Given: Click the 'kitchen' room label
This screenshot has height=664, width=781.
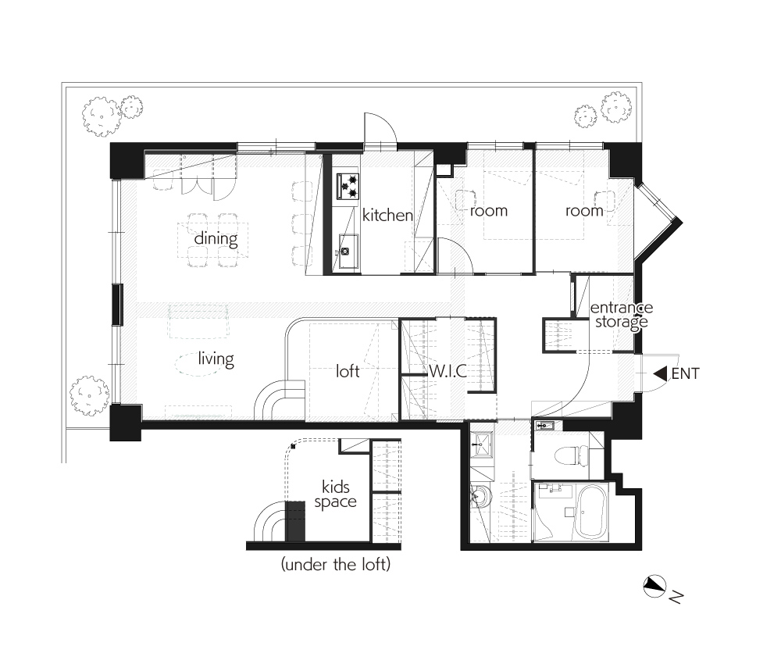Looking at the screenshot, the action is pos(387,215).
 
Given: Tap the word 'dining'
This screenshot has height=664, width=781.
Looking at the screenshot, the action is pos(216,239).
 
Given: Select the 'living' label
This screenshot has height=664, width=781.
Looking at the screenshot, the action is pos(216,359).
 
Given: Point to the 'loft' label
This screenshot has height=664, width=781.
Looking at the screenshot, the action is pos(348,371).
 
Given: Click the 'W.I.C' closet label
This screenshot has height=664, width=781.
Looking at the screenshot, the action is pos(448,371).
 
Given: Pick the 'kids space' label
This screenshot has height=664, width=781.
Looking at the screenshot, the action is pos(335,494).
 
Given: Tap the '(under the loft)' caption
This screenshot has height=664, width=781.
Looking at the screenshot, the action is pos(336,564).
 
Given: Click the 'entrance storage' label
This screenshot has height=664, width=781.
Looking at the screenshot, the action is pos(622,315).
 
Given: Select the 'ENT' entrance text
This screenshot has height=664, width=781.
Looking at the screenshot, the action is pos(686,373).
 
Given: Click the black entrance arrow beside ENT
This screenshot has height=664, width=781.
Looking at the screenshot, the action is pos(661,373).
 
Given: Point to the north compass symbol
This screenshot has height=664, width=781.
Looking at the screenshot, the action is pos(654,586).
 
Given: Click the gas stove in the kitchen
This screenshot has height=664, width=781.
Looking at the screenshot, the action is pos(348,186).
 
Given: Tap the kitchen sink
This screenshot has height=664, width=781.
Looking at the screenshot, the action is pos(348,251).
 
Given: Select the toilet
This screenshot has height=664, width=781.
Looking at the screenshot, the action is pos(572,455).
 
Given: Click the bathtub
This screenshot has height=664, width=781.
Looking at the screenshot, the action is pos(592,512).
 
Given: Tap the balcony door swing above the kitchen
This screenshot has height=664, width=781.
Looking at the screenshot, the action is pos(380,128).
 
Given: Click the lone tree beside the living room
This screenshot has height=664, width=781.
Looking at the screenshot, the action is pos(90,395).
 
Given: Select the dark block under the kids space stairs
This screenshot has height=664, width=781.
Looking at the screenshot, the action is pos(295,522).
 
